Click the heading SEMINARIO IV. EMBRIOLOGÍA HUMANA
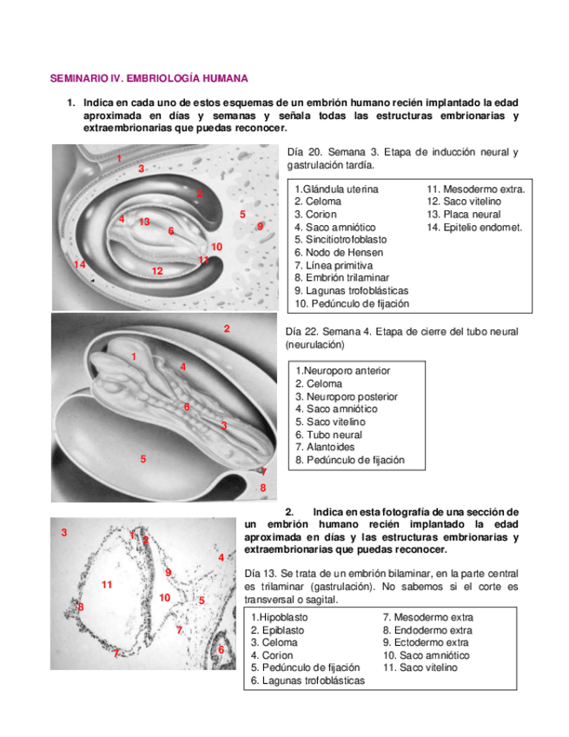[149, 78]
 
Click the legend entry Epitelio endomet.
[474, 227]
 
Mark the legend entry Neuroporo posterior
[347, 396]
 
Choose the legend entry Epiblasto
[279, 630]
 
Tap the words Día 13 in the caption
[261, 574]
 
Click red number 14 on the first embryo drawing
[80, 263]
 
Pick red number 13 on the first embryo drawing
[144, 222]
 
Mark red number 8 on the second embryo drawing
[263, 488]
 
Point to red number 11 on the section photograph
[107, 585]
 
